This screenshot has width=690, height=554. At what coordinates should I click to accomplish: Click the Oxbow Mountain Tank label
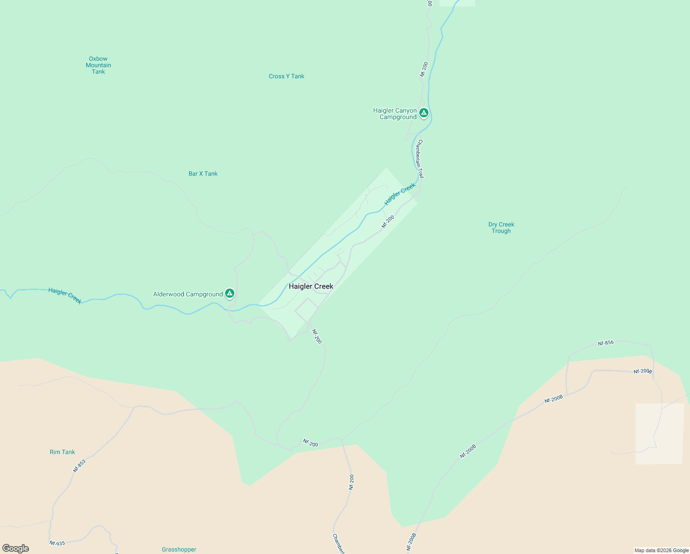pos(98,65)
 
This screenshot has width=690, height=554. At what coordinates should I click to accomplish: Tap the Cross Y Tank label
pos(286,76)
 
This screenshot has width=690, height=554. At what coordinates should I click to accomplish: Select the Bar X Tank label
pos(203,174)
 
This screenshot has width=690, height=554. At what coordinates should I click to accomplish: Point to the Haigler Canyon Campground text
pos(395,114)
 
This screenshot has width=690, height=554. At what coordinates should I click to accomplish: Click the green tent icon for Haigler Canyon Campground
pos(424,113)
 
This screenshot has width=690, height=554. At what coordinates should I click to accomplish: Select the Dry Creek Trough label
pos(501,228)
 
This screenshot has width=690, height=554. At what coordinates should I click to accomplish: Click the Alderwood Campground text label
pos(188,294)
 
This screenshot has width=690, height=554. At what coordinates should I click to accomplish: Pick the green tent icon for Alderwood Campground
pos(230,293)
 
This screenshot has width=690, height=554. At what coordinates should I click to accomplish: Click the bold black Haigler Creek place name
pos(311,286)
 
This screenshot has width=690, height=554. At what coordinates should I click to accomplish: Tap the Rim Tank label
pos(62,452)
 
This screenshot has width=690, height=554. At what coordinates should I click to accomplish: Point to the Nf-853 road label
pos(79,465)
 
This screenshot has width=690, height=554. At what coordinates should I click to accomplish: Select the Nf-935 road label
pos(57,543)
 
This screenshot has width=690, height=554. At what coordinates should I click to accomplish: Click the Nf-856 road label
pos(606,343)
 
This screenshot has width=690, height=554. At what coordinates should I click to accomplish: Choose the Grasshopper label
pos(179,549)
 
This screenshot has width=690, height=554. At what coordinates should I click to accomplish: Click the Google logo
pos(16,548)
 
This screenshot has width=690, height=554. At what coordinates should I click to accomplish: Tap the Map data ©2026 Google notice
pos(661,550)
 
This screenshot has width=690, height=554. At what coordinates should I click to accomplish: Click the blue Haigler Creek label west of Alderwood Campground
pos(65,296)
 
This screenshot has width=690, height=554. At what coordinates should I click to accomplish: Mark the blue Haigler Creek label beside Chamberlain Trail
pos(400,194)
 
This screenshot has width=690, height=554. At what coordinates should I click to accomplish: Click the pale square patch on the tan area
pos(660,434)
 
